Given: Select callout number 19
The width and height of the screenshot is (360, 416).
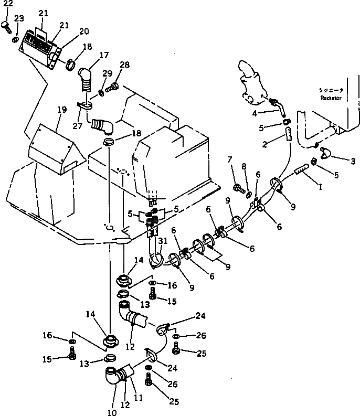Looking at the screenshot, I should click(62, 110).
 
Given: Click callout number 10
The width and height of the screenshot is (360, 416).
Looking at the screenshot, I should click(112, 411).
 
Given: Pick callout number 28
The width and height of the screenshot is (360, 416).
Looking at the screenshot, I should click(124, 65).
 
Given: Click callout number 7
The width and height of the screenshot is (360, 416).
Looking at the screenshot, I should click(229, 159).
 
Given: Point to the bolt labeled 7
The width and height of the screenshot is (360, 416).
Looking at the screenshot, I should click(237, 186).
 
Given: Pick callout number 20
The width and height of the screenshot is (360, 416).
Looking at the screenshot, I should click(84, 31).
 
